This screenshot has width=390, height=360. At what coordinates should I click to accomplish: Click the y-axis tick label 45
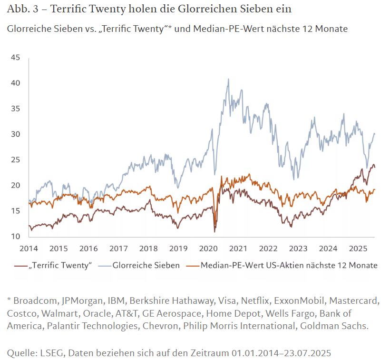coord(15,58)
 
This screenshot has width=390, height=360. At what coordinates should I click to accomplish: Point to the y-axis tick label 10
coord(15,237)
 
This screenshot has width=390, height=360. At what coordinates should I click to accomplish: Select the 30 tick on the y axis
coord(15,134)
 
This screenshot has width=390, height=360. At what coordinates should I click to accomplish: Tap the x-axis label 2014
coord(29,248)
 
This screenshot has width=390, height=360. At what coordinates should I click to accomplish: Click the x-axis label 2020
coord(208,248)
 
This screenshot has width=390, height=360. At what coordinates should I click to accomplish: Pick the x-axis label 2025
coord(358,248)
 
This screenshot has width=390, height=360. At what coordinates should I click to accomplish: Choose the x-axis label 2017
coord(118,248)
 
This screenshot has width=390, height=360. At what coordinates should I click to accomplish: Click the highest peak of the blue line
coord(228,79)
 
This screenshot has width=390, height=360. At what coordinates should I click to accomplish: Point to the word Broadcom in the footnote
coord(34,301)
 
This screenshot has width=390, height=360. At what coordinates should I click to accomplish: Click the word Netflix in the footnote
coord(253,301)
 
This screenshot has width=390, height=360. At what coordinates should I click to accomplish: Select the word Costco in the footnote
coord(21,313)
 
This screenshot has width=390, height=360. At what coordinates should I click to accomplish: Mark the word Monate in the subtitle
coord(332,29)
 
